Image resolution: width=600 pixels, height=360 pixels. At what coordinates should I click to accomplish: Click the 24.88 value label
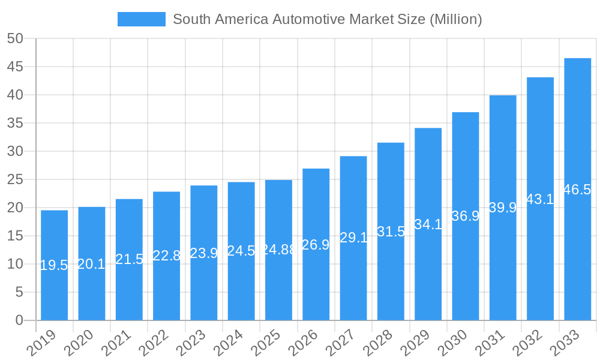[x=278, y=250]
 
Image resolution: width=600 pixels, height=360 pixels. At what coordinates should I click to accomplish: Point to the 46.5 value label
[x=577, y=190]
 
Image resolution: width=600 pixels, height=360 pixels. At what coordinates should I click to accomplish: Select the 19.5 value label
[x=54, y=266]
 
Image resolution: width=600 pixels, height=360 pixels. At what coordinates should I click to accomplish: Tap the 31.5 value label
[x=391, y=232]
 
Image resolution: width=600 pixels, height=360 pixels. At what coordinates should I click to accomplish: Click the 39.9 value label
[x=503, y=208]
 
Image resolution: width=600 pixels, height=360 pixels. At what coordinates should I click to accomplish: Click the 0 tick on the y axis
[x=19, y=320]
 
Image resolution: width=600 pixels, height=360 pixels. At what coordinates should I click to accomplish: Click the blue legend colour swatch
[x=141, y=19]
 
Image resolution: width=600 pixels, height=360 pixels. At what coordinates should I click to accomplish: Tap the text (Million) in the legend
[x=455, y=19]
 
